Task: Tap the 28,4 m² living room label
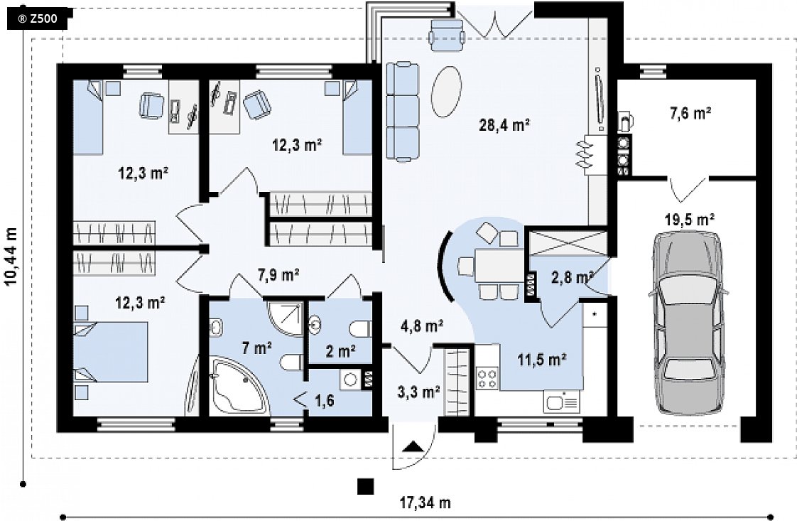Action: (505, 124)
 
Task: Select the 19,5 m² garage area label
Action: (690, 220)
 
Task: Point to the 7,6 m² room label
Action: (690, 113)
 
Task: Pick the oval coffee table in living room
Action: (446, 92)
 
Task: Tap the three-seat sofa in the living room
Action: (403, 112)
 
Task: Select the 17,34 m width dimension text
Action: (425, 503)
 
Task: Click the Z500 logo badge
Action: (38, 19)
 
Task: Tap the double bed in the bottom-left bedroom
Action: (111, 352)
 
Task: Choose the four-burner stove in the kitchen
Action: (487, 378)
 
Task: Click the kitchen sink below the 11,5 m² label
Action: (562, 402)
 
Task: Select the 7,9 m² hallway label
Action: (278, 275)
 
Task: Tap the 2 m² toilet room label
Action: (340, 351)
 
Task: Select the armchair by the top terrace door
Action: (447, 34)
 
